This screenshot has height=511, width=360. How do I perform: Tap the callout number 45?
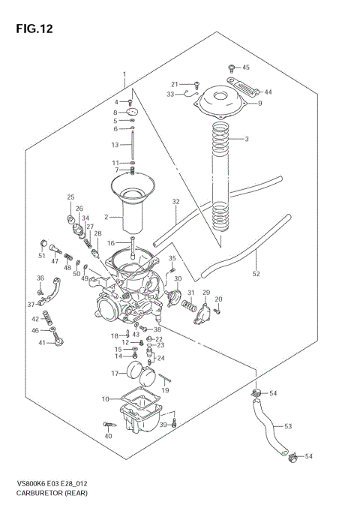[245, 68]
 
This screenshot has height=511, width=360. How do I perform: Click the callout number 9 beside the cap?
[260, 104]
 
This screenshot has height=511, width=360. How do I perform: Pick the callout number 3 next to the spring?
[245, 140]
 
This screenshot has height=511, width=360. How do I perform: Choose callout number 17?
[116, 373]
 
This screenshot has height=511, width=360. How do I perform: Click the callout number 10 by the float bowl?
[105, 398]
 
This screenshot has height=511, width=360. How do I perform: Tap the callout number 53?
[287, 425]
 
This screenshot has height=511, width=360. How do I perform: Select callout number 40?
[108, 437]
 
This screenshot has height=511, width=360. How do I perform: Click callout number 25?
[70, 197]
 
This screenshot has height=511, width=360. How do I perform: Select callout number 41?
[43, 343]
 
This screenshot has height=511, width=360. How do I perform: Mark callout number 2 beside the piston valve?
[107, 216]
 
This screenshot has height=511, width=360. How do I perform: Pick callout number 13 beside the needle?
[115, 145]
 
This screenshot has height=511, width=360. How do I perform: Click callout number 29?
[206, 292]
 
